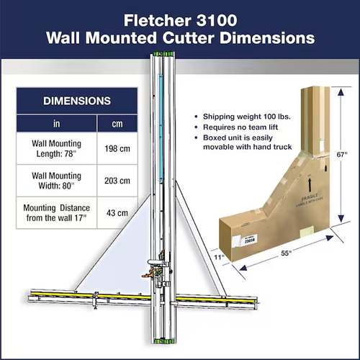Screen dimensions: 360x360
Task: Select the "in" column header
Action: click(x=57, y=123)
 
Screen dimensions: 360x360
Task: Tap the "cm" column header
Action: click(x=117, y=123)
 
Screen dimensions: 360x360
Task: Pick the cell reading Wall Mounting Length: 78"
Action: click(x=57, y=148)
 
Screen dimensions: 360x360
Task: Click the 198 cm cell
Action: click(x=117, y=148)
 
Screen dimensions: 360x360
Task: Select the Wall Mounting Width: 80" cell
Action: click(x=57, y=180)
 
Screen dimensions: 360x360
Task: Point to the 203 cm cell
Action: click(x=117, y=180)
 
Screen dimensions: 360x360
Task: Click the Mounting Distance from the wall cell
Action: click(x=57, y=212)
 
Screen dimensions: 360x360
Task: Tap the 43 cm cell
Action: click(x=117, y=212)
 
